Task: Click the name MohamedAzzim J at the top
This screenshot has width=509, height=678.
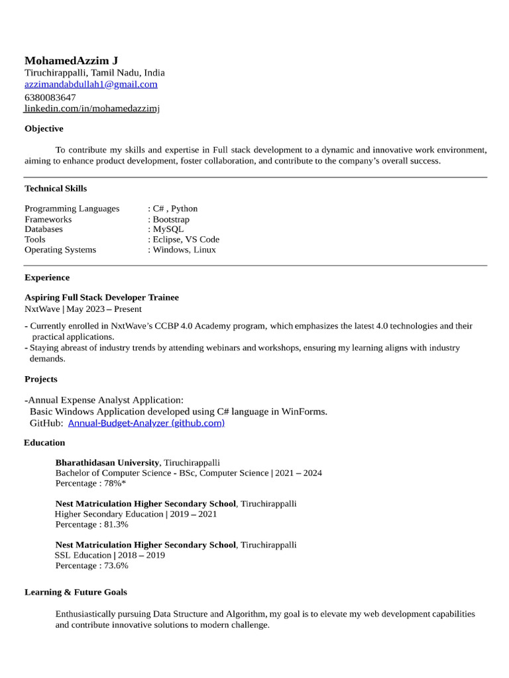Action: [72, 60]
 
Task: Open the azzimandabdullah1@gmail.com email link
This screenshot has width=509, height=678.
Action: [91, 84]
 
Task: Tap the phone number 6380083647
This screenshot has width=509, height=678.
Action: [50, 97]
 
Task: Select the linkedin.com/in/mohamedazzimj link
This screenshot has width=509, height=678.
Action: [92, 108]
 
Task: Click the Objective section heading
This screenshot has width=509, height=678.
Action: [44, 128]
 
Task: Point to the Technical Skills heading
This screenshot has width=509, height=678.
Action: [56, 188]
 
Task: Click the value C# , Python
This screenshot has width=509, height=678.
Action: [175, 209]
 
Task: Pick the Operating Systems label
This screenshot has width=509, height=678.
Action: [60, 250]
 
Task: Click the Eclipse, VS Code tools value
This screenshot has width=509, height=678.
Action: [186, 240]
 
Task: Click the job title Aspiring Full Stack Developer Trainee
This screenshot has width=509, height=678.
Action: [101, 297]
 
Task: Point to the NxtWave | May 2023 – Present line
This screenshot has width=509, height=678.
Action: [83, 309]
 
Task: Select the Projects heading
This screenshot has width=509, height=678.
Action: [41, 379]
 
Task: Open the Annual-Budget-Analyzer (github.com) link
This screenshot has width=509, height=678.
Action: [146, 422]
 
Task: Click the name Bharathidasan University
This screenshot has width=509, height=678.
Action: [107, 462]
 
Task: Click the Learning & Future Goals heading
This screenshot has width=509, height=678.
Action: [76, 592]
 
